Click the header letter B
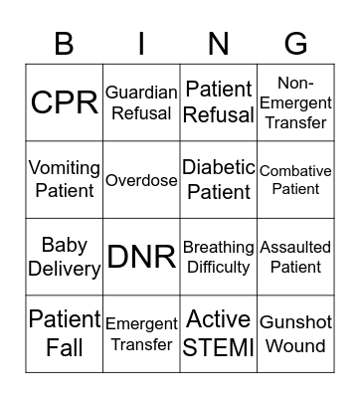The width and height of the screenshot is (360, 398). point(65,44)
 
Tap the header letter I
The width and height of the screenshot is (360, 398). point(141,44)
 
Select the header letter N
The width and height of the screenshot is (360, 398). point(219,44)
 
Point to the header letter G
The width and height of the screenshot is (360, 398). point(295,44)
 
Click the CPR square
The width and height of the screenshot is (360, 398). point(65,102)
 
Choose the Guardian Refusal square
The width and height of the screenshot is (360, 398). point(141,102)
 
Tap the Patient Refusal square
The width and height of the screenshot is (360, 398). point(219,102)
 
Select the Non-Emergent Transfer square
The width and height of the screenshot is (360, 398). point(295,102)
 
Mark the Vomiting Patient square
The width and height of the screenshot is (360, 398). point(65,180)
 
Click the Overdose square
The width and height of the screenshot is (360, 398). point(141,180)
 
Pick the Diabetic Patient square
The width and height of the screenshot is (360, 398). point(219,180)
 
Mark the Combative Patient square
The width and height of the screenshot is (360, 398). point(295,180)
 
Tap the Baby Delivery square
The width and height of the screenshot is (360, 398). point(65,257)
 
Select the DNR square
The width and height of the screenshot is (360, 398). point(141,257)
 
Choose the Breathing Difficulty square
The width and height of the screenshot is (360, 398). point(219,257)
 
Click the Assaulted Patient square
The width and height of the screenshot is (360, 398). point(295,257)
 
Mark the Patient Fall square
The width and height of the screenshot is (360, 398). point(65,333)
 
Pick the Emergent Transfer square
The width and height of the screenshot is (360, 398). point(141,333)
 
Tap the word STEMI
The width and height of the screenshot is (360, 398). point(219,347)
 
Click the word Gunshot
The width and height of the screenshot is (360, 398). point(295,322)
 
